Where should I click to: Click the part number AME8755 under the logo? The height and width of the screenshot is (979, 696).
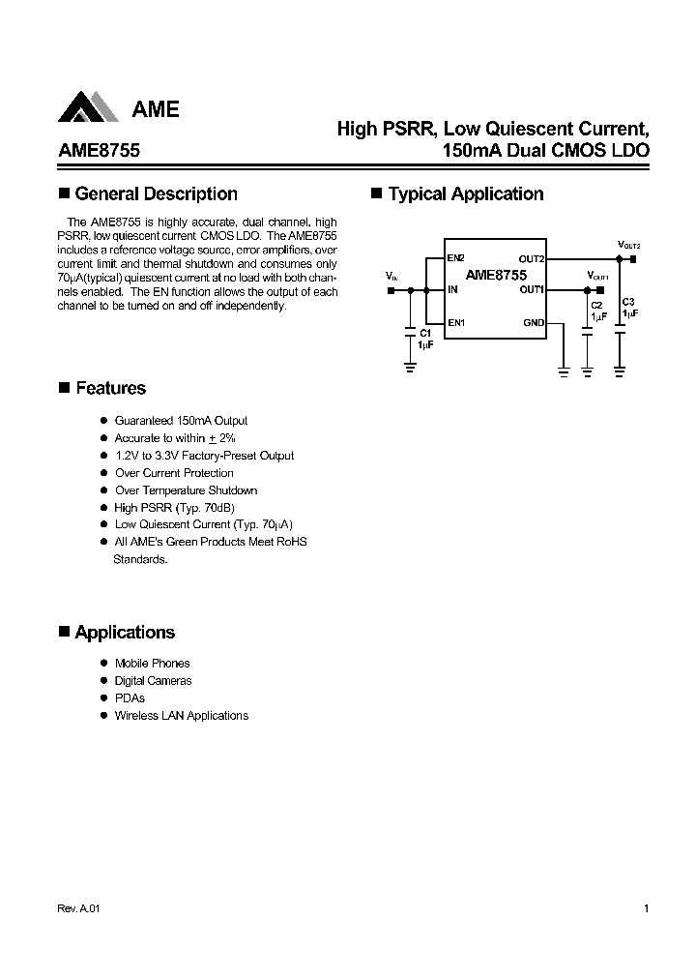pyautogui.click(x=99, y=151)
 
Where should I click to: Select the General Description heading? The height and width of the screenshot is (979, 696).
pyautogui.click(x=156, y=194)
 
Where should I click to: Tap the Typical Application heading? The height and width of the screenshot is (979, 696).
pyautogui.click(x=465, y=194)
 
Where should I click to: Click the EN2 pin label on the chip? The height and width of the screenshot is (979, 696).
pyautogui.click(x=456, y=258)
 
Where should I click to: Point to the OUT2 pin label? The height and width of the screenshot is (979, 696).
pyautogui.click(x=531, y=259)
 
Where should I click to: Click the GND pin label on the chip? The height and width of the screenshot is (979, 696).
pyautogui.click(x=534, y=322)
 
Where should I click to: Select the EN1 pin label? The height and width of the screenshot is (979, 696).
pyautogui.click(x=456, y=322)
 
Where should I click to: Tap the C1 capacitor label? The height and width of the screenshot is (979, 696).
pyautogui.click(x=424, y=334)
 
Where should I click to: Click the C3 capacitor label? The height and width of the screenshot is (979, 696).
pyautogui.click(x=628, y=302)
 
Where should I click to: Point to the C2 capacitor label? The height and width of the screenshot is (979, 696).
pyautogui.click(x=596, y=305)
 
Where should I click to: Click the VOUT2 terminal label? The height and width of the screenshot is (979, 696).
pyautogui.click(x=628, y=245)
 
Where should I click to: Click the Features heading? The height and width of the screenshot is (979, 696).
pyautogui.click(x=110, y=389)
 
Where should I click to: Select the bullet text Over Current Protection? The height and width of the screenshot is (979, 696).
pyautogui.click(x=174, y=473)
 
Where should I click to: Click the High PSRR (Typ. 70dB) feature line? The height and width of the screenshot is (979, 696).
pyautogui.click(x=174, y=508)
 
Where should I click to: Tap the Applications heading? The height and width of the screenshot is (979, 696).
pyautogui.click(x=125, y=633)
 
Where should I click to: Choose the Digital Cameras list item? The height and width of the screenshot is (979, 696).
pyautogui.click(x=153, y=681)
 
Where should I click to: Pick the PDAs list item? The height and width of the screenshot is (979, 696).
pyautogui.click(x=130, y=698)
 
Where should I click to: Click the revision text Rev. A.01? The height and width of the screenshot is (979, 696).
pyautogui.click(x=79, y=909)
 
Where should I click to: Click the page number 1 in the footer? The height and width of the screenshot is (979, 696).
pyautogui.click(x=646, y=909)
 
